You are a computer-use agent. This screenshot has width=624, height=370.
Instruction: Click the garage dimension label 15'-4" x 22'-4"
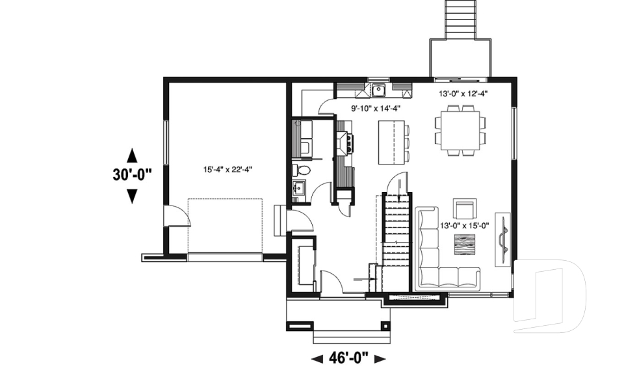[227, 170]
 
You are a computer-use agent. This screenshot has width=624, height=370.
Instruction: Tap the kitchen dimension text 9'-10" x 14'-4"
[376, 109]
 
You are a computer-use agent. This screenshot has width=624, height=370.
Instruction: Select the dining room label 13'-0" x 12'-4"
[463, 94]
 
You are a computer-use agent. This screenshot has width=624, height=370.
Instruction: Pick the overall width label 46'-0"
[349, 357]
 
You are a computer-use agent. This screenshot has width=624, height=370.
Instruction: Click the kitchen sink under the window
[378, 89]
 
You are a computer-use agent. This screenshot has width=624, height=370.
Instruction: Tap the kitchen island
[390, 142]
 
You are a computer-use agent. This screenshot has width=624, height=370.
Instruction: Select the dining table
[460, 132]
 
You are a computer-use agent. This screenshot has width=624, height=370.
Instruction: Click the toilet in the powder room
[302, 170]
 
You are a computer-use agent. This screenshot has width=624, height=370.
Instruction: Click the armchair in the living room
[465, 209]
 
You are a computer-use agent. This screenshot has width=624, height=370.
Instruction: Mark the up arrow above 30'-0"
[132, 155]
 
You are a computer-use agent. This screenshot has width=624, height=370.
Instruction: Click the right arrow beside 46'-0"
[380, 358]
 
